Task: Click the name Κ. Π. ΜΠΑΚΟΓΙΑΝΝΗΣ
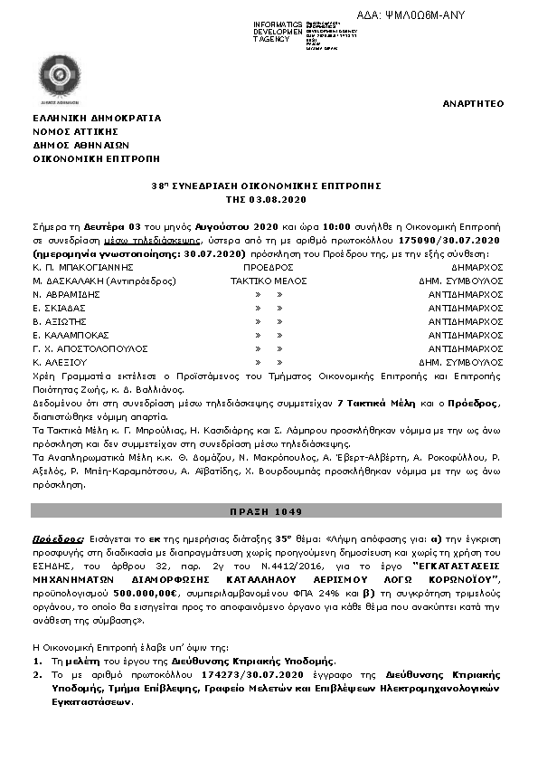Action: coord(83,268)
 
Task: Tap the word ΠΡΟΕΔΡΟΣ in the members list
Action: coord(269,268)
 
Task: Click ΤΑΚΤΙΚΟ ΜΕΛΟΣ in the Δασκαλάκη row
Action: coord(269,281)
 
